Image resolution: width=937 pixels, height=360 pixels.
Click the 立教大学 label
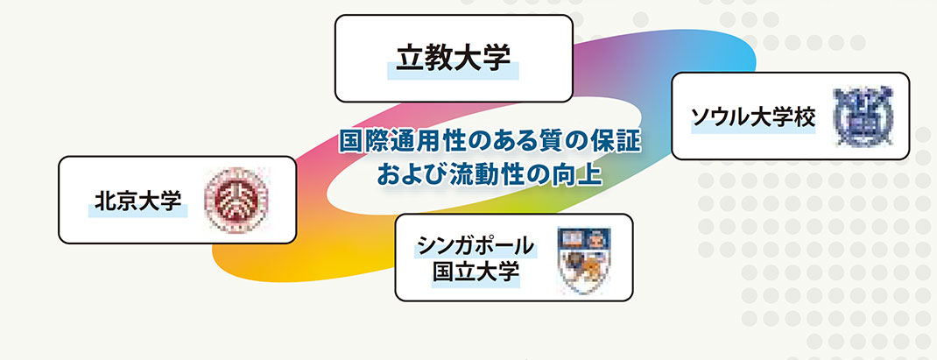pyautogui.click(x=453, y=58)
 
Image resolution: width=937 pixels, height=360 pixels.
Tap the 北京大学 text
pyautogui.click(x=138, y=201)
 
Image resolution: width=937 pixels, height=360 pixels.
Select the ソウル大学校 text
pyautogui.click(x=753, y=117)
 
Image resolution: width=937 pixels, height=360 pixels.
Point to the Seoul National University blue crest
pyautogui.click(x=863, y=116)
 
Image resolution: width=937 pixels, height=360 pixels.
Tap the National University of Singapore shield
pyautogui.click(x=582, y=259)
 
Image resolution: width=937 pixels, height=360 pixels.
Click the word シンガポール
pyautogui.click(x=476, y=245)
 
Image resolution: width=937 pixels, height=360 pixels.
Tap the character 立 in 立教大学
pyautogui.click(x=410, y=58)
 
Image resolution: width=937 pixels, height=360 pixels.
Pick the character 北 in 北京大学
pyautogui.click(x=104, y=201)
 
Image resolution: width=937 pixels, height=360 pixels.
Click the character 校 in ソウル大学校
pyautogui.click(x=805, y=117)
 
